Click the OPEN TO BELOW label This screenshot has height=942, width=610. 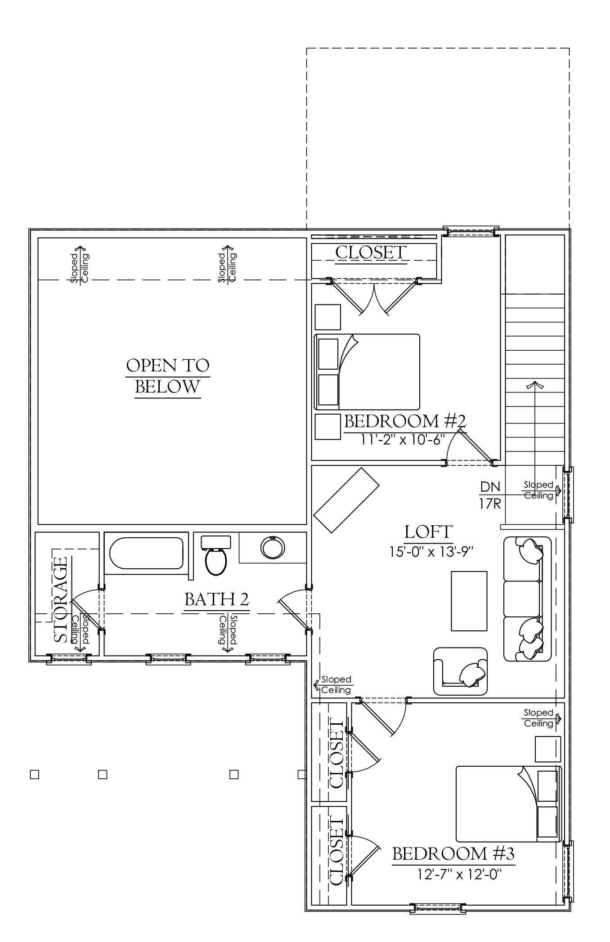(168, 376)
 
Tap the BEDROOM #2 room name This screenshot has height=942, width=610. (404, 421)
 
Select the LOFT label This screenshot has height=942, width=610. (428, 532)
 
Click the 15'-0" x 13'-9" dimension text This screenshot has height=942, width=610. (432, 551)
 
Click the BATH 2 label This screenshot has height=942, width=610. (216, 599)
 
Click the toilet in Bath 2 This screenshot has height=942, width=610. (216, 555)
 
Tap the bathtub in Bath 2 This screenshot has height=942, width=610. (146, 553)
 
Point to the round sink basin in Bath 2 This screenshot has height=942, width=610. (273, 547)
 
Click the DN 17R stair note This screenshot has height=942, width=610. (490, 495)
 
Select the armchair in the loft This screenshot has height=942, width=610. (460, 671)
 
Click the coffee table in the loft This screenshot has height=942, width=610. (469, 601)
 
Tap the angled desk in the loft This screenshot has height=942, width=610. (346, 500)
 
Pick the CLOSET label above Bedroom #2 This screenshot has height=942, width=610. (371, 252)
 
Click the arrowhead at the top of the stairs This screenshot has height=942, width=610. (535, 384)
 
